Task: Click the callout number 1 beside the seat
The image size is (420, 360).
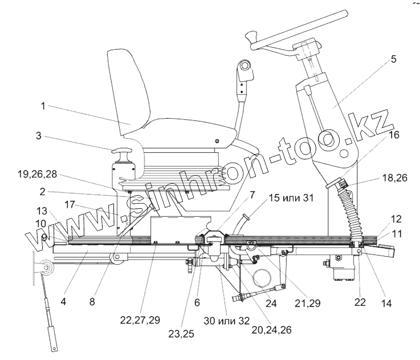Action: (43, 106)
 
